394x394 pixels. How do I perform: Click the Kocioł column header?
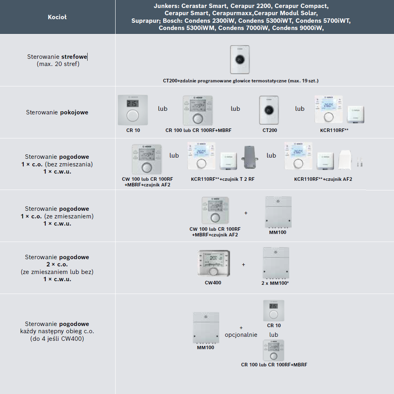pyautogui.click(x=57, y=17)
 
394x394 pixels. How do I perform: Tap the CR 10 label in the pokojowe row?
pyautogui.click(x=133, y=130)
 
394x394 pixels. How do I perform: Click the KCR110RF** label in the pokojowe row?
pyautogui.click(x=332, y=130)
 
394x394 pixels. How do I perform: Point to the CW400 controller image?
pyautogui.click(x=214, y=263)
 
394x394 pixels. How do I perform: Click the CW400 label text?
pyautogui.click(x=213, y=283)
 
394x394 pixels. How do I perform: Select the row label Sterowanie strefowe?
pyautogui.click(x=57, y=56)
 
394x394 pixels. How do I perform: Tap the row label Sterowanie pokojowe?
pyautogui.click(x=57, y=112)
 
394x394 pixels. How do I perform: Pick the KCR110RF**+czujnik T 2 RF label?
pyautogui.click(x=223, y=179)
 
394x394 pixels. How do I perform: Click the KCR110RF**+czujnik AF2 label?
pyautogui.click(x=323, y=179)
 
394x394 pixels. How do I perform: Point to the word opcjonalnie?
pyautogui.click(x=241, y=335)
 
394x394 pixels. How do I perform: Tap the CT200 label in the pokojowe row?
pyautogui.click(x=270, y=130)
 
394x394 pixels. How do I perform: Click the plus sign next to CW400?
pyautogui.click(x=243, y=264)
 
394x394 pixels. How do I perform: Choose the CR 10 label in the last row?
pyautogui.click(x=274, y=326)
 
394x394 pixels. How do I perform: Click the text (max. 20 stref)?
pyautogui.click(x=58, y=64)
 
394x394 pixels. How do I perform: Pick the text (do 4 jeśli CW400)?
pyautogui.click(x=57, y=339)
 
